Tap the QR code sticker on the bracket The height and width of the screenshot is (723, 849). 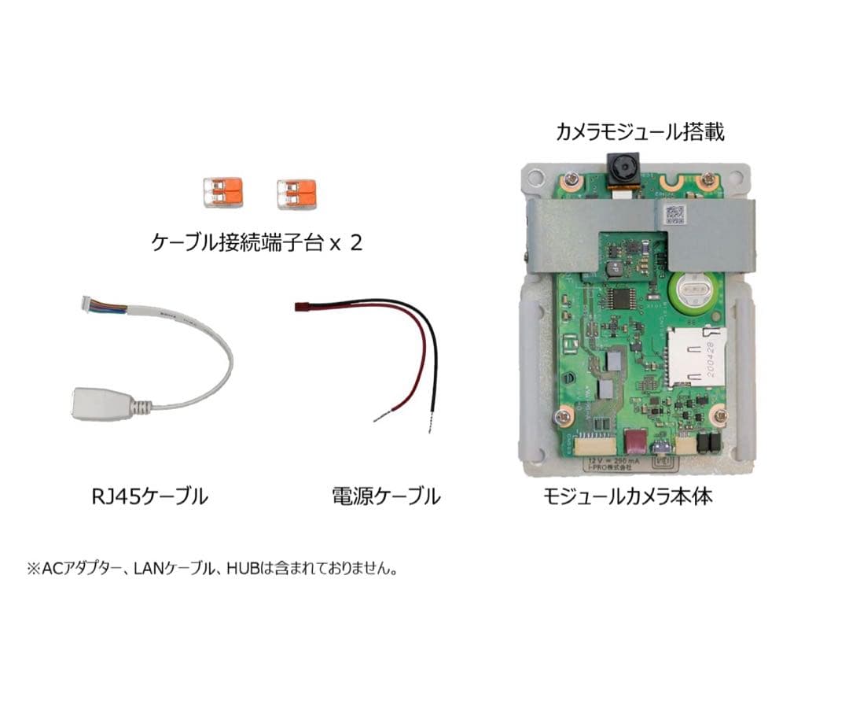[x=672, y=213]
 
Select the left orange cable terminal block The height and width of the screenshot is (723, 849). [x=222, y=192]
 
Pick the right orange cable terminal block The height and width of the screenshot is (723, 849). [x=296, y=193]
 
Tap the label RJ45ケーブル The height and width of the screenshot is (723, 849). [x=145, y=496]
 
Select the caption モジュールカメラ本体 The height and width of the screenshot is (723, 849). [x=628, y=496]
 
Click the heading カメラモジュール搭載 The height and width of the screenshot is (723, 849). [x=640, y=131]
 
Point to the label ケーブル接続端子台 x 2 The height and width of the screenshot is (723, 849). [x=257, y=242]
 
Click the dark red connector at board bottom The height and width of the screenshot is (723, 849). [x=633, y=444]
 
